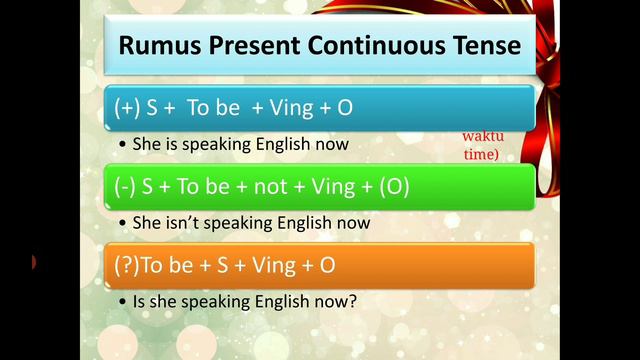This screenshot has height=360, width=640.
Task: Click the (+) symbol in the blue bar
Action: pos(127,107)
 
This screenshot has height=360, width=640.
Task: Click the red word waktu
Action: pos(480,137)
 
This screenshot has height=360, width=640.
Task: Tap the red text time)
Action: pos(480,154)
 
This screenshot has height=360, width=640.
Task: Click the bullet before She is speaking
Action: pos(122,144)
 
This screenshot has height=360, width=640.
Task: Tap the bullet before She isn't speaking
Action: pos(122,223)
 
